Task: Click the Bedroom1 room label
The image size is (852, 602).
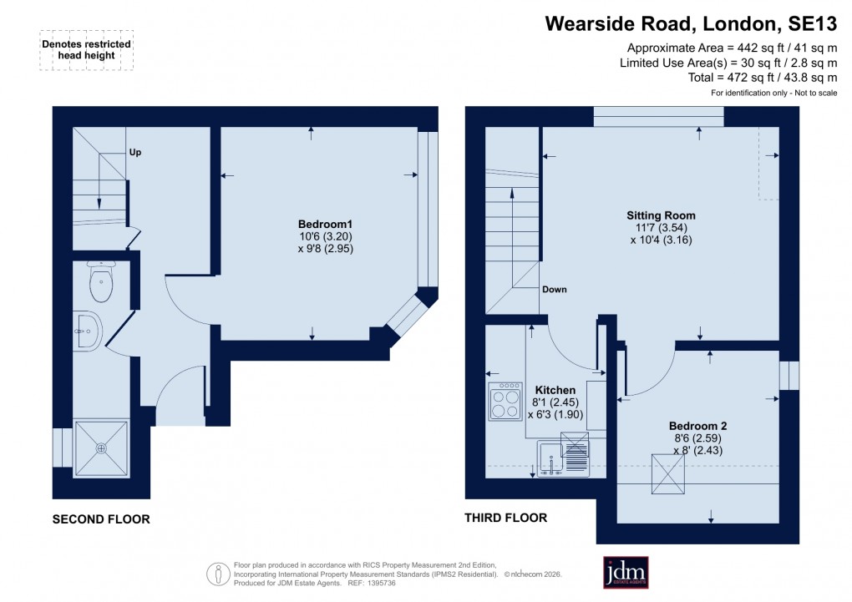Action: [326, 224]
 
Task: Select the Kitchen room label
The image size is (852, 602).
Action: [555, 390]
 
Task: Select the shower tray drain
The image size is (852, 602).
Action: [102, 448]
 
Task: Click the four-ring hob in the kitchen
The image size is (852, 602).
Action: [505, 402]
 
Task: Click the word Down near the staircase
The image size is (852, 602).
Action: [554, 290]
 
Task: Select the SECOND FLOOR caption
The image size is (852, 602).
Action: [101, 519]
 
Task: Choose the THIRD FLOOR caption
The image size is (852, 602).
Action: [505, 518]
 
